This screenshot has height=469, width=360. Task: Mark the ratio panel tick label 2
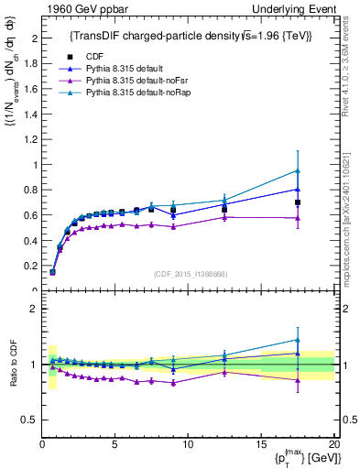33,310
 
